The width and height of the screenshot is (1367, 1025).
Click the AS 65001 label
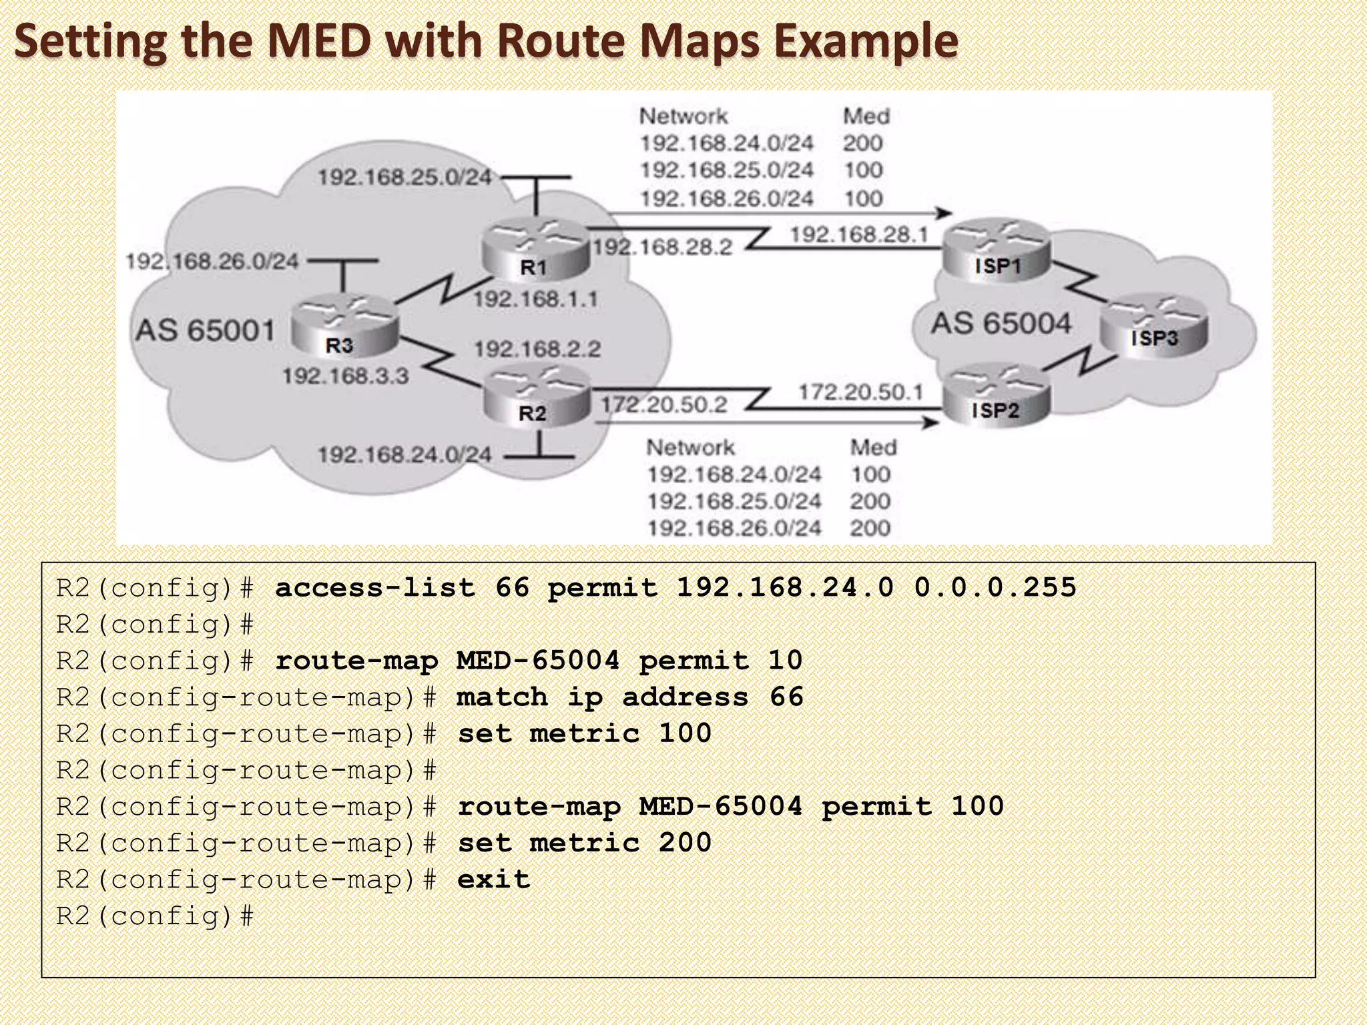point(206,330)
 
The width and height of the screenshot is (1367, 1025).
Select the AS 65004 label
point(1001,324)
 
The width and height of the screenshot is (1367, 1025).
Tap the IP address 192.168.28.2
point(662,248)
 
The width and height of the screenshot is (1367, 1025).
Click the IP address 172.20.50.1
point(860,392)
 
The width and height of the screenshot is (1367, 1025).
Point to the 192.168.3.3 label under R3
point(346,376)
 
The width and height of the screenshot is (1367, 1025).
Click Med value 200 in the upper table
point(862,143)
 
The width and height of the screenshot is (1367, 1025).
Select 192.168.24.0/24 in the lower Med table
point(734,474)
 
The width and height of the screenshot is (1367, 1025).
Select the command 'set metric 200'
point(584,843)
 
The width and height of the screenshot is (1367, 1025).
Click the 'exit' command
point(493,880)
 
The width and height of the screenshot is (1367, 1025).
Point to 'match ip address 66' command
point(629,697)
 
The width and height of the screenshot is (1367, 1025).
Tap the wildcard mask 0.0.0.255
point(995,588)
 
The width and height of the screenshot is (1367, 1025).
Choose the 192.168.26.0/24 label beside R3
point(212,261)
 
